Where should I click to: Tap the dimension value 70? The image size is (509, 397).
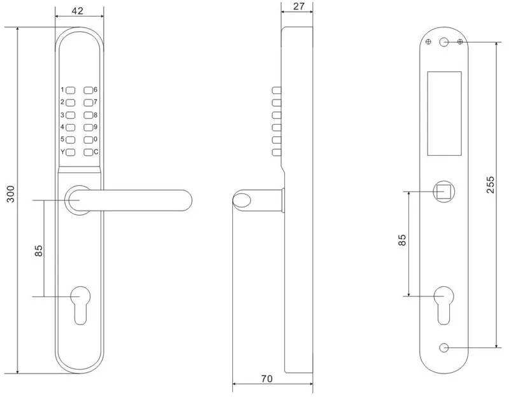tap(267, 379)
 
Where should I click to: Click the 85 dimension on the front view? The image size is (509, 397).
tap(38, 251)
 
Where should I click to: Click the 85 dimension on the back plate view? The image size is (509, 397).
tap(401, 240)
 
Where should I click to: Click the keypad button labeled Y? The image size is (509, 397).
tap(71, 152)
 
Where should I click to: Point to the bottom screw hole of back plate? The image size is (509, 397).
tap(444, 348)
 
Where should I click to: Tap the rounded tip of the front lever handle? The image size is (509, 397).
tap(186, 199)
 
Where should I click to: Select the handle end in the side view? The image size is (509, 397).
tap(242, 200)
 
